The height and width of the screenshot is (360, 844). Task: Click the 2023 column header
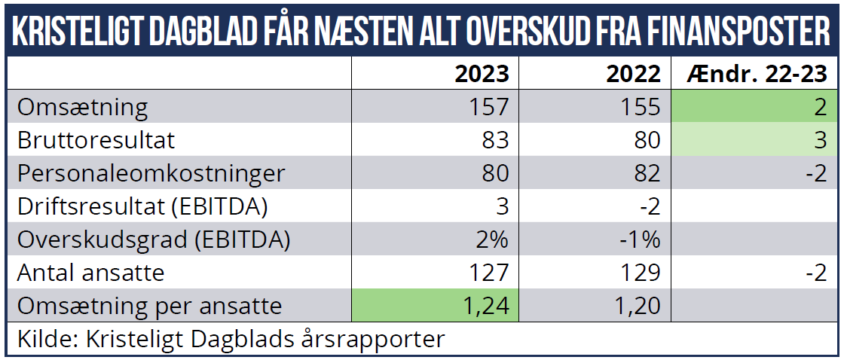482,74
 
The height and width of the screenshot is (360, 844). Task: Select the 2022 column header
634,74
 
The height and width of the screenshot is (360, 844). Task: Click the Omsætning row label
83,107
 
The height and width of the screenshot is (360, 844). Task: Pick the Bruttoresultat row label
96,140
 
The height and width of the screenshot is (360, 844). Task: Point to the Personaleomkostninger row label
151,173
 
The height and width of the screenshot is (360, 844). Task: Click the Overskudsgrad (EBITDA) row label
154,239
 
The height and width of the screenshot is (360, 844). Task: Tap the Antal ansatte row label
90,273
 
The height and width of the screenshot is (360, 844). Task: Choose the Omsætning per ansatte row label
149,306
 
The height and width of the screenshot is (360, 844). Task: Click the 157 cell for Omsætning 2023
488,107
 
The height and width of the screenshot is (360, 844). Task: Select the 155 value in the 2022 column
639,107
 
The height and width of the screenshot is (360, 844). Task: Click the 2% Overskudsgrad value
491,239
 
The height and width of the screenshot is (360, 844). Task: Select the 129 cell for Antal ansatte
639,273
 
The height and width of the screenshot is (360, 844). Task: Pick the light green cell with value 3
754,140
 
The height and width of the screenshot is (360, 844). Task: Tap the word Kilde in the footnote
41,339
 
